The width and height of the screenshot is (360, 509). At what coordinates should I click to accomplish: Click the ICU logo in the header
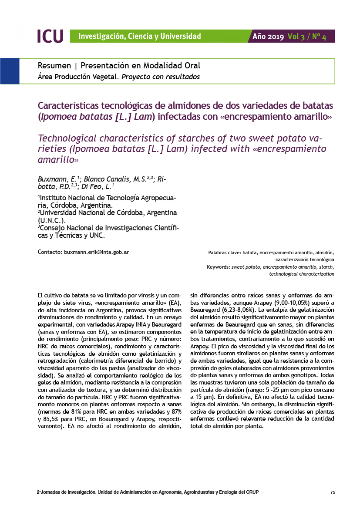(50, 36)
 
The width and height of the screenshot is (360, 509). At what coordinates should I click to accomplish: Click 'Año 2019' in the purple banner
(268, 37)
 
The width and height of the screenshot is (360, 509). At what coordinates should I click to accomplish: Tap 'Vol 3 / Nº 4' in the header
(307, 37)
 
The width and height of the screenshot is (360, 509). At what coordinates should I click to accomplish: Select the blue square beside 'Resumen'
(10, 71)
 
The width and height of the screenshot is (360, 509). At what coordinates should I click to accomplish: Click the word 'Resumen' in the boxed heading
(54, 66)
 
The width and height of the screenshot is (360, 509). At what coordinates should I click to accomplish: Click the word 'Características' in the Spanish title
(68, 106)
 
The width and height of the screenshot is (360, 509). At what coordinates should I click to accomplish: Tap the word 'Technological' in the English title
(67, 138)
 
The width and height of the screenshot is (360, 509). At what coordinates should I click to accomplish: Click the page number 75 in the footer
(333, 492)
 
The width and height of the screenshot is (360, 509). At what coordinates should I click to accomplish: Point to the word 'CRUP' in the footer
(252, 492)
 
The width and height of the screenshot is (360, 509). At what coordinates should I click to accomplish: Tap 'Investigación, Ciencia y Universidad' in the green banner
(139, 36)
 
